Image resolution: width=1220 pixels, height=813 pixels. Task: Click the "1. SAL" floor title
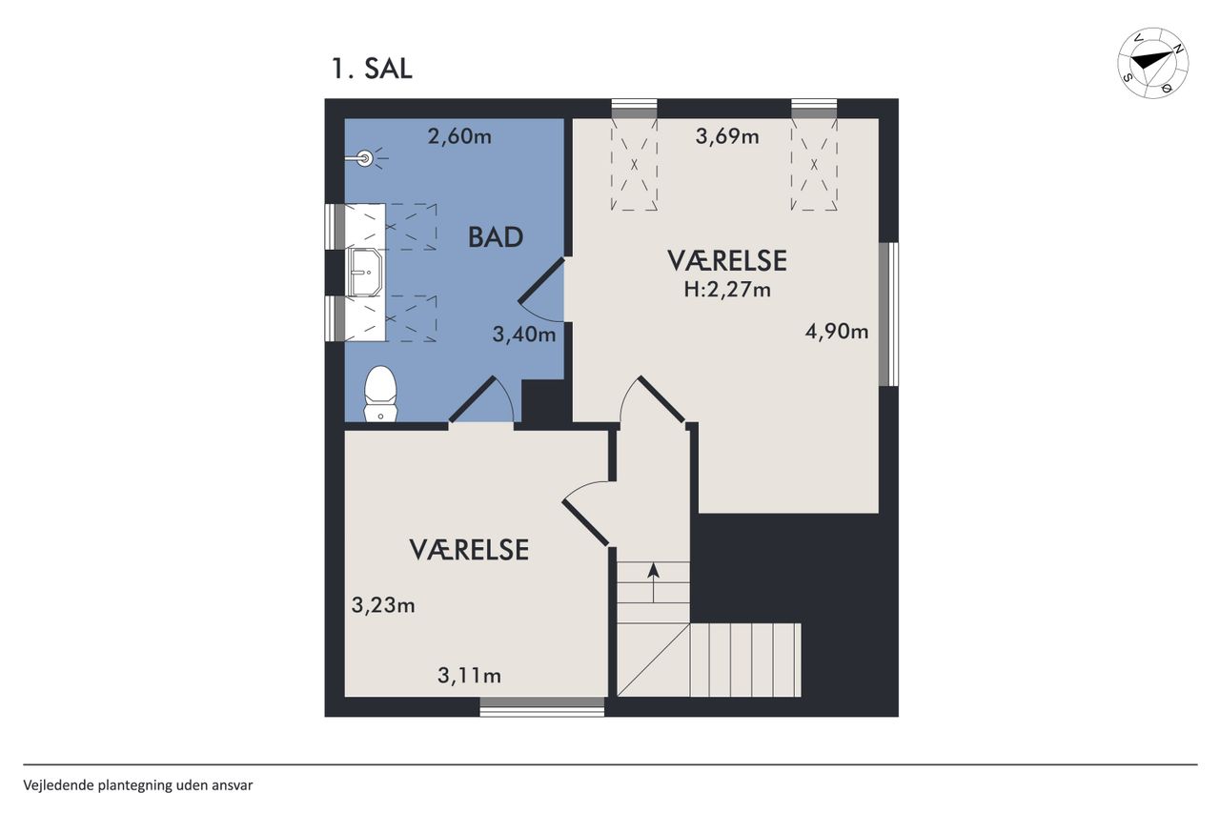click(x=372, y=70)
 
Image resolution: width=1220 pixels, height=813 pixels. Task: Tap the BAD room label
click(x=496, y=237)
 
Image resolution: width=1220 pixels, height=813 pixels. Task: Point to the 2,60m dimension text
click(x=459, y=136)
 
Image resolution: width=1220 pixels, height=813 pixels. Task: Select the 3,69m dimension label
click(x=727, y=136)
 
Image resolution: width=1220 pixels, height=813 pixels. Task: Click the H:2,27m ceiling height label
click(x=727, y=290)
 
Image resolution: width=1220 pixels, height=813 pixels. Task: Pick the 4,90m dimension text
click(x=837, y=331)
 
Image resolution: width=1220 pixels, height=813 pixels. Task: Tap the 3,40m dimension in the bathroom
click(x=524, y=334)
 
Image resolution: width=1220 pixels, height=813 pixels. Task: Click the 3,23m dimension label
click(x=383, y=605)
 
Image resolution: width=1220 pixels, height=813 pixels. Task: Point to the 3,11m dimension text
click(x=470, y=676)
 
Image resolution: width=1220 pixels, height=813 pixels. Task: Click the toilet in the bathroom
click(x=380, y=394)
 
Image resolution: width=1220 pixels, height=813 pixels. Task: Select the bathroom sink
click(x=365, y=273)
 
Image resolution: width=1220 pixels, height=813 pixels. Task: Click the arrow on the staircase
click(x=654, y=583)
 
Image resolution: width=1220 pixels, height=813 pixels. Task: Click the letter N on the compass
click(x=1176, y=49)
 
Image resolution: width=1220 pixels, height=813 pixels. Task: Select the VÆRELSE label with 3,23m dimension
click(x=469, y=550)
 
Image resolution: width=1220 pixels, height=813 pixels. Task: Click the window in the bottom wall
click(x=542, y=706)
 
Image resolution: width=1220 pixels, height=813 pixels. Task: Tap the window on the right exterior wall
click(x=889, y=315)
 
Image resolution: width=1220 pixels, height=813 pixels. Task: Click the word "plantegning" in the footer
click(x=135, y=785)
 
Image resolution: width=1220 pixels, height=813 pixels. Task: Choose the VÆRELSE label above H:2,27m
click(x=727, y=261)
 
